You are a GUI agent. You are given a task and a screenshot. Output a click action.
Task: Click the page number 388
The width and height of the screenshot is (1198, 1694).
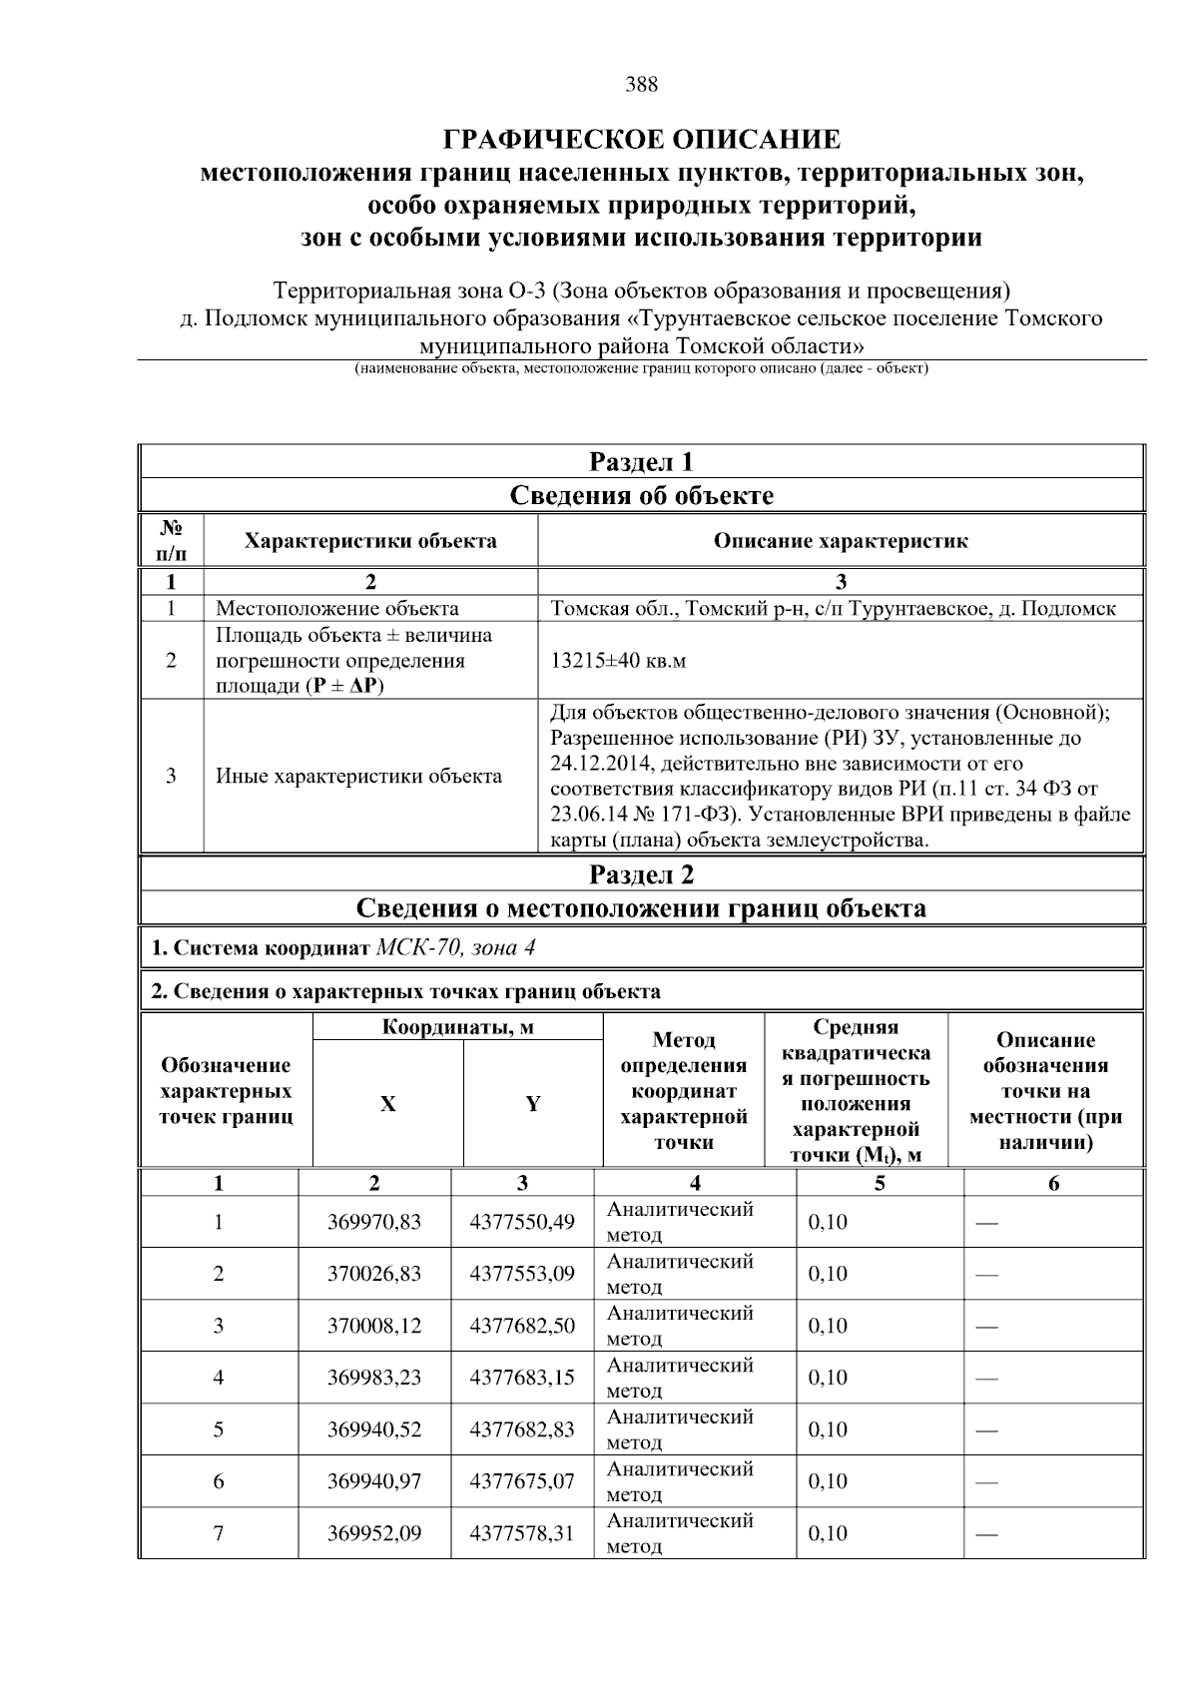[641, 85]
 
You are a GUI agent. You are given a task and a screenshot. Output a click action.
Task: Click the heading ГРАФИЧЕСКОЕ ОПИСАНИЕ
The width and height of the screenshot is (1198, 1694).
[641, 138]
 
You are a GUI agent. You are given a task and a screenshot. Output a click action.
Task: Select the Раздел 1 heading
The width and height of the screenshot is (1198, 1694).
[641, 462]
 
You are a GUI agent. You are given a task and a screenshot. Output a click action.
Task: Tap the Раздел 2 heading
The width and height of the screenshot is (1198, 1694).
[641, 875]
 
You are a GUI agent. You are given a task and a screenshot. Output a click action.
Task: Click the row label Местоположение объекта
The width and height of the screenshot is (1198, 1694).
[337, 609]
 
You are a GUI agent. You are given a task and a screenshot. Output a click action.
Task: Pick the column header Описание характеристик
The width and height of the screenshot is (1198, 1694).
[840, 541]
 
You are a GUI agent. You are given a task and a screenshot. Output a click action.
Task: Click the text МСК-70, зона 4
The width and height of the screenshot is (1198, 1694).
[455, 947]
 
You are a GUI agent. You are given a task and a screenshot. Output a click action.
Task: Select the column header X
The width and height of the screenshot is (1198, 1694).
[387, 1104]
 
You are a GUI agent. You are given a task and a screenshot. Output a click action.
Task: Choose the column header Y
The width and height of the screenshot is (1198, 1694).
[533, 1104]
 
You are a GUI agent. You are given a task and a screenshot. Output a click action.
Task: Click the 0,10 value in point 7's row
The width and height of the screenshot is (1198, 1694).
[828, 1533]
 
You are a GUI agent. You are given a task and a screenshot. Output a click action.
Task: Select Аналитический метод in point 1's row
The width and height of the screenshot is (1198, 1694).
[679, 1222]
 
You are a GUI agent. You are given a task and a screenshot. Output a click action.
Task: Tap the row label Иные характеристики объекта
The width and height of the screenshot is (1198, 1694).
[359, 777]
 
